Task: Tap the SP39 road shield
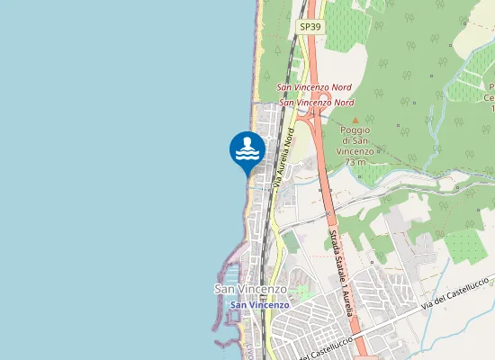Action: point(310,28)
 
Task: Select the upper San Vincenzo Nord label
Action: point(314,87)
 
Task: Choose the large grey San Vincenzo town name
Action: point(250,289)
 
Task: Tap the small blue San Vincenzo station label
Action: point(259,305)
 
